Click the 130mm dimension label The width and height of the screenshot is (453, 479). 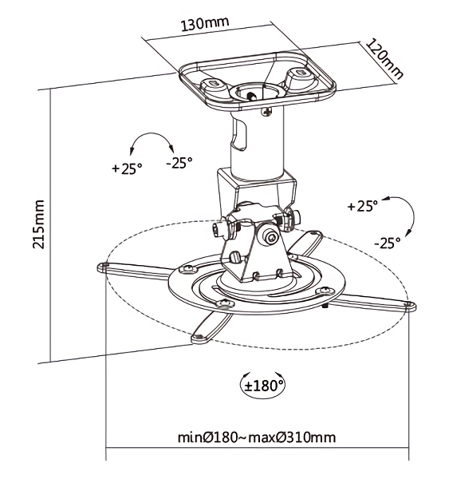tap(205, 24)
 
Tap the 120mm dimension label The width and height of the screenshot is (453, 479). tap(384, 59)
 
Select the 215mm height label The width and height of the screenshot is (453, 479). tap(39, 224)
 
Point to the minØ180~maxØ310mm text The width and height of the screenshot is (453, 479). tap(257, 437)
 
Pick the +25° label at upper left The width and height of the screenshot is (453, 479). tap(128, 168)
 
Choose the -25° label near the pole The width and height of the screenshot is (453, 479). tap(179, 163)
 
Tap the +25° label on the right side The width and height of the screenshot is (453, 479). tap(363, 206)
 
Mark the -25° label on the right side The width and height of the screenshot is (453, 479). tap(388, 243)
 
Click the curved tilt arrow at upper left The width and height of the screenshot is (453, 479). tap(152, 133)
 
